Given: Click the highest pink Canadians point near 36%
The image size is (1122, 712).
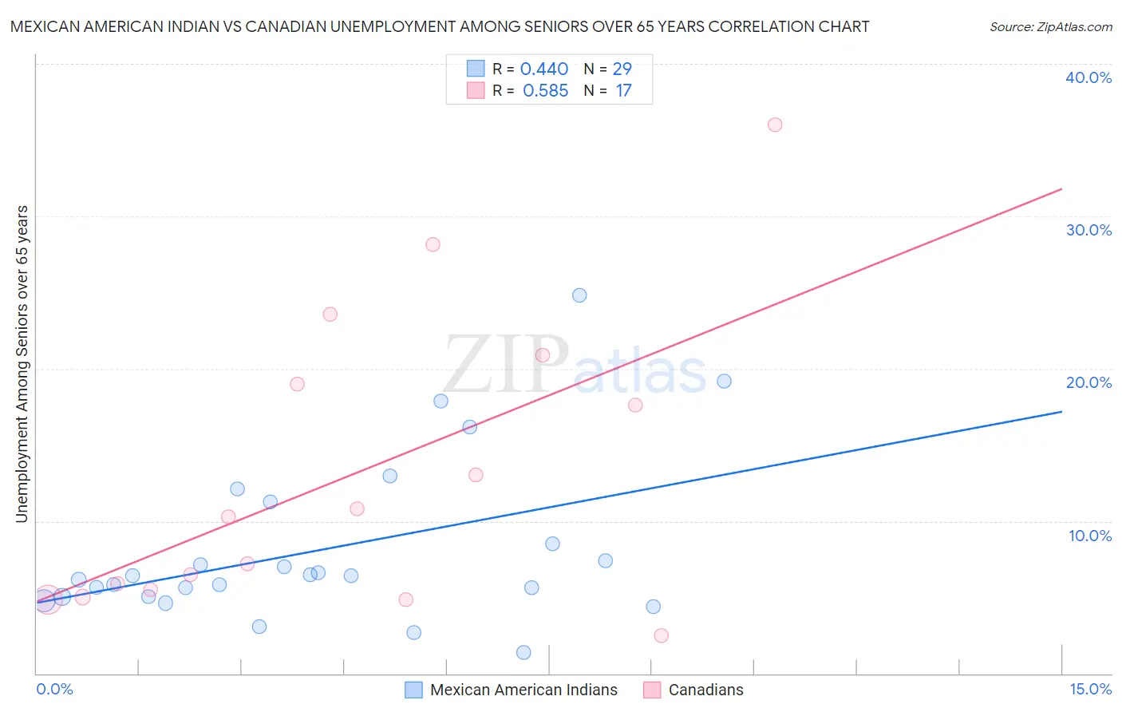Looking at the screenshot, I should (x=775, y=125).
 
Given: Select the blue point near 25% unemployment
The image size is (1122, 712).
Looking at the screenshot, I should (x=579, y=295).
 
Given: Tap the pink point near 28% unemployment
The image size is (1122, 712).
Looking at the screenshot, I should (x=433, y=244).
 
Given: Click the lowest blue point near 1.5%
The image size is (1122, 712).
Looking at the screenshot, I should (x=523, y=652).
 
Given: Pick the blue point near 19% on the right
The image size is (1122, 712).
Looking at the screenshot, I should (x=724, y=381).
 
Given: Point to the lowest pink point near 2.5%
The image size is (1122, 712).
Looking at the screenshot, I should (x=661, y=635).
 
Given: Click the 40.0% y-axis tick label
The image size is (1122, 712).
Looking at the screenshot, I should (x=1088, y=77).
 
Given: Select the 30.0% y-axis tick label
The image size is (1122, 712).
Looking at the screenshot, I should (x=1088, y=230).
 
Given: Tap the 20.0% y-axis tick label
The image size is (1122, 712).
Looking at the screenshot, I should (x=1088, y=382).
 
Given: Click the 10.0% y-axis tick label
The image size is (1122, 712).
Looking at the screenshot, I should (x=1090, y=536).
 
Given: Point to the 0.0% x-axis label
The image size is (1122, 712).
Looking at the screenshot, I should (x=54, y=689).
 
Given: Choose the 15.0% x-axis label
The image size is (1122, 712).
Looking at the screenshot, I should (x=1090, y=689).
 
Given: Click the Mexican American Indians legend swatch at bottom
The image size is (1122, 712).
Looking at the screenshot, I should (x=413, y=690).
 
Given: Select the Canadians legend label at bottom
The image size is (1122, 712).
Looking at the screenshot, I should (x=705, y=690).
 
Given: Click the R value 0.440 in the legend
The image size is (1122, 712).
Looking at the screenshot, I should (x=544, y=69).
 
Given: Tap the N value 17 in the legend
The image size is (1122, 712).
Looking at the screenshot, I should (x=623, y=91).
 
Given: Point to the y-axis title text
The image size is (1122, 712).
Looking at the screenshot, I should (x=22, y=364).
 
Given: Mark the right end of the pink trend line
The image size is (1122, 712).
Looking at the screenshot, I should (x=1061, y=189).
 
